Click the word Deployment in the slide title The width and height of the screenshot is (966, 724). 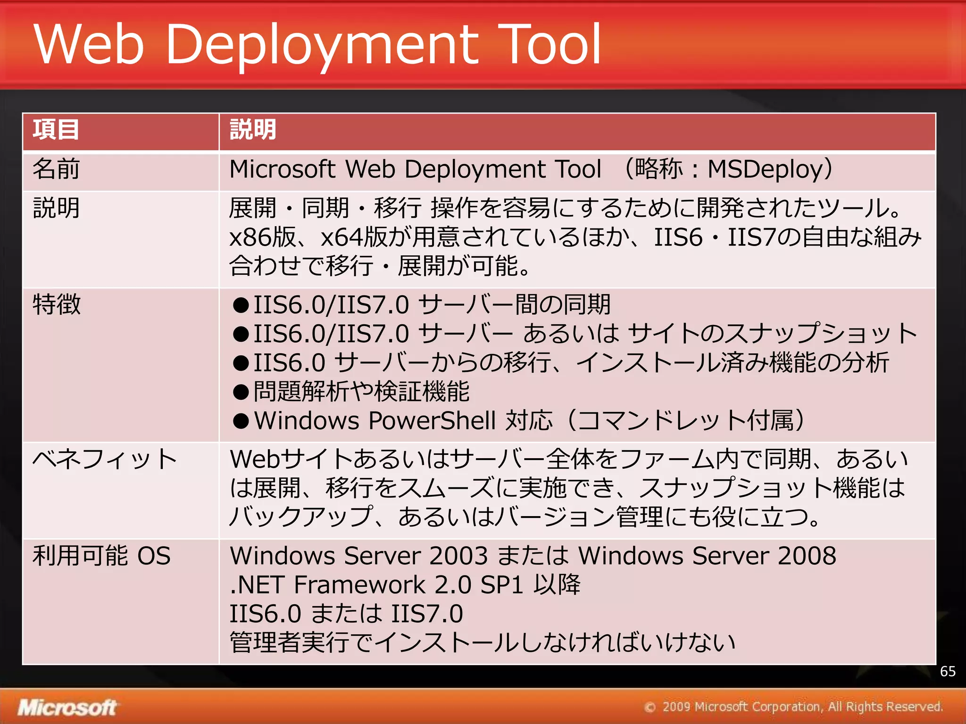coord(322,45)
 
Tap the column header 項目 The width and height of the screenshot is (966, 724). coord(56,130)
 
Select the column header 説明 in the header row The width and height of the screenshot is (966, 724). coord(252,130)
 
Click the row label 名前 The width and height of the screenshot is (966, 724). coord(56,169)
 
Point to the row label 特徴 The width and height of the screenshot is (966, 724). coord(57,304)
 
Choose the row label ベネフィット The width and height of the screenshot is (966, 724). coord(104,459)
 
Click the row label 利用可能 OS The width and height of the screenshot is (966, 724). coord(101,556)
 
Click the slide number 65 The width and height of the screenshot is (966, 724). coord(948,671)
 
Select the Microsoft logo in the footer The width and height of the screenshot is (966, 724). coord(67,708)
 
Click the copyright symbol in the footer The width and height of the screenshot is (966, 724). coord(650,707)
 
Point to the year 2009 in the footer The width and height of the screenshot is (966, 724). coord(676,707)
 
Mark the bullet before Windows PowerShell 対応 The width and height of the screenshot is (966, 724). coord(241,421)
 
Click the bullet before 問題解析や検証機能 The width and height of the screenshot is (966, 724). coord(241,392)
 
